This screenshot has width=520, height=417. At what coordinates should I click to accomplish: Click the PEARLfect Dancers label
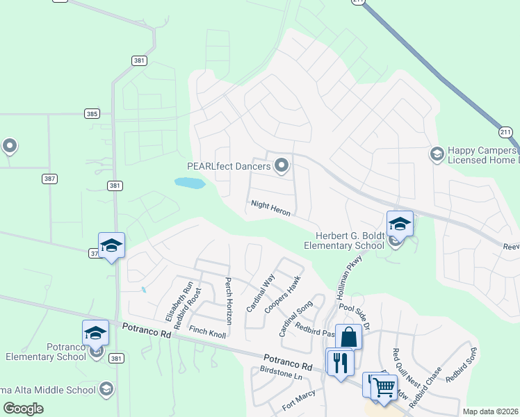[229, 166]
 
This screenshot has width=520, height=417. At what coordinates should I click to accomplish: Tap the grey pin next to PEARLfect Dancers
[282, 165]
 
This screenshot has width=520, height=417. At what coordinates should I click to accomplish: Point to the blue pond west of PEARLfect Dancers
[190, 183]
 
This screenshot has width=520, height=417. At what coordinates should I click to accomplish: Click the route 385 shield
[92, 113]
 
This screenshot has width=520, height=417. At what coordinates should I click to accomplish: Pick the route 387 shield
[49, 179]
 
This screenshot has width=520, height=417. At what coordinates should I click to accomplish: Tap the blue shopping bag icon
[348, 337]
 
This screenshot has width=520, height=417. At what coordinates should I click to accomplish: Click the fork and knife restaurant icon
[340, 363]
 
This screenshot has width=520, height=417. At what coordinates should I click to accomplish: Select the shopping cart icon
[383, 386]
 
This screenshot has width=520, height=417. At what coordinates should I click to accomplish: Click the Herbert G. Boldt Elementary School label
[345, 240]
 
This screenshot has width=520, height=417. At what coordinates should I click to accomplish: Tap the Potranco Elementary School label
[46, 352]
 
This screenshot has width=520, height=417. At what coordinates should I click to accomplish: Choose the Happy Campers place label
[481, 155]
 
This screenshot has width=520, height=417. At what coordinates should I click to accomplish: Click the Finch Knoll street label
[208, 333]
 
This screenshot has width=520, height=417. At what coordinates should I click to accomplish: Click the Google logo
[24, 409]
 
